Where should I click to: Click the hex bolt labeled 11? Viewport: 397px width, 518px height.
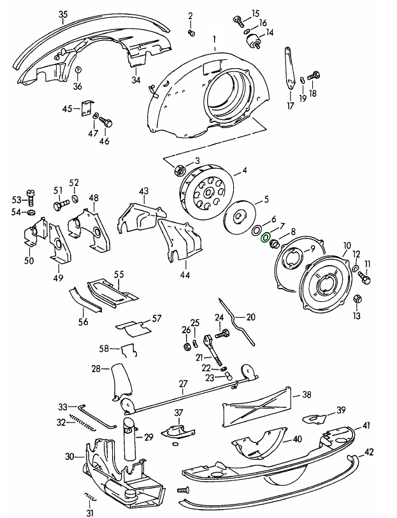pos(364,277)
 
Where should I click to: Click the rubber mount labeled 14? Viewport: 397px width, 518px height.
pos(254,42)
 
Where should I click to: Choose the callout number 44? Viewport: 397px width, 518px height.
pos(185,275)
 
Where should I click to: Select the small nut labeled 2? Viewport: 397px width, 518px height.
pos(191,32)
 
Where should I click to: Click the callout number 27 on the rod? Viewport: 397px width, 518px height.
pos(183,384)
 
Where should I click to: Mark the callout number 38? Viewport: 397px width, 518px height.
pos(307,395)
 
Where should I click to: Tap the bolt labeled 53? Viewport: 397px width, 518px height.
pos(30,198)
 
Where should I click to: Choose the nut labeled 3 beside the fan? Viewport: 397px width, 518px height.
pos(179,171)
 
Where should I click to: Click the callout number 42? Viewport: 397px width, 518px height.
pos(368,452)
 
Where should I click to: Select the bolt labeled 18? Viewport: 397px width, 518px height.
pos(314,77)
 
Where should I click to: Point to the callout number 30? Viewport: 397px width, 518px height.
pos(69,456)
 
